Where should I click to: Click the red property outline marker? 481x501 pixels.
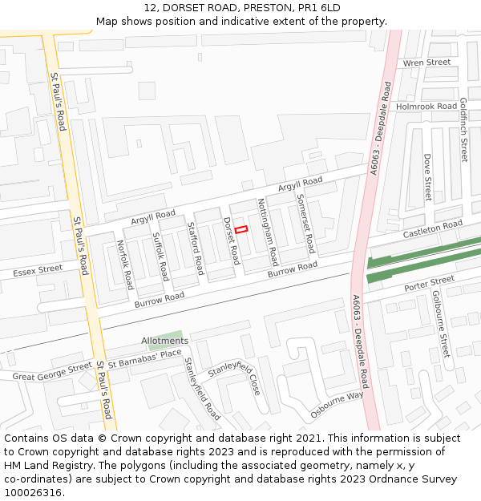(x=241, y=229)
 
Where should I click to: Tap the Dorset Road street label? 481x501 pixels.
(x=232, y=240)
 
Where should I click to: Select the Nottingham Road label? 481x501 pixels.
(x=268, y=232)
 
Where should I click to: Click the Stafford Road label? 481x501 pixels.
(x=194, y=248)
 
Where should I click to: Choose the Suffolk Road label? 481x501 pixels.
(x=160, y=256)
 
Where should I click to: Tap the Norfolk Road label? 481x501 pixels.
(x=125, y=265)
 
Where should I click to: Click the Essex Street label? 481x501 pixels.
(x=38, y=272)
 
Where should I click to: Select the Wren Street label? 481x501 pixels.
(x=426, y=63)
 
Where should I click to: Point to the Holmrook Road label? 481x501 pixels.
(x=426, y=106)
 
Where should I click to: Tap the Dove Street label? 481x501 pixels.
(x=427, y=178)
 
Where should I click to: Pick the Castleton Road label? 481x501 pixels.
(x=433, y=228)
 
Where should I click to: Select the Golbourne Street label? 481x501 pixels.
(x=441, y=324)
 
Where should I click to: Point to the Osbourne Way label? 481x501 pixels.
(x=337, y=405)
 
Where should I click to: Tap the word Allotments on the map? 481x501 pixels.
(x=164, y=341)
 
